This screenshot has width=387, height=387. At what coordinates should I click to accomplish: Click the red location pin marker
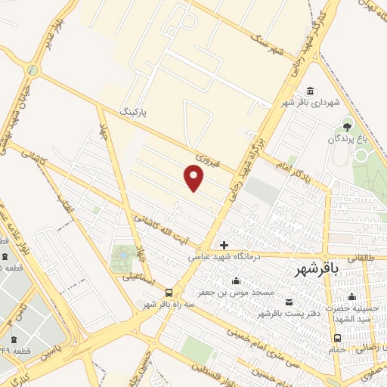(x=194, y=178)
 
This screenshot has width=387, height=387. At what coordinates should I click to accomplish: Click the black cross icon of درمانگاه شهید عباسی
(x=224, y=245)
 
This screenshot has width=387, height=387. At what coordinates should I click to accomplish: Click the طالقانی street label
(x=360, y=257)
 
